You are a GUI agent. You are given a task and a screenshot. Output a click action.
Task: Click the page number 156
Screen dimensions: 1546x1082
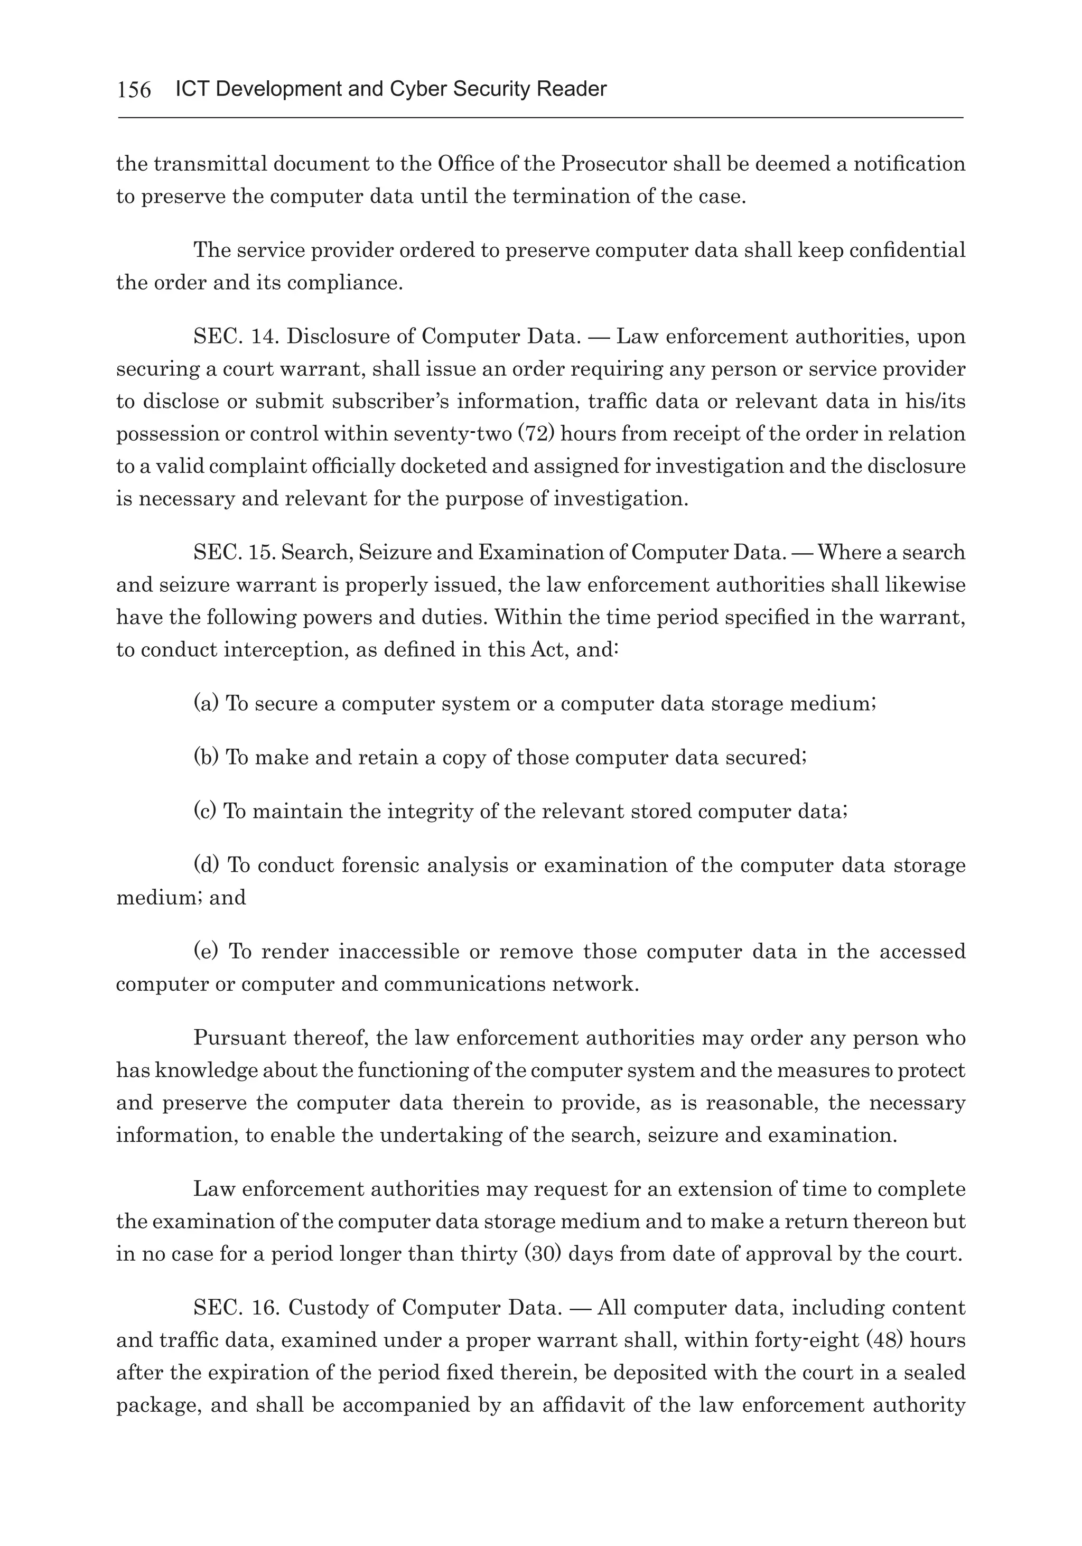pos(134,89)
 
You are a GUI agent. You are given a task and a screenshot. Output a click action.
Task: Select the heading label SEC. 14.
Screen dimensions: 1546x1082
pos(236,337)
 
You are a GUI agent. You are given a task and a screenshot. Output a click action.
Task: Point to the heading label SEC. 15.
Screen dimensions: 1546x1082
pos(235,553)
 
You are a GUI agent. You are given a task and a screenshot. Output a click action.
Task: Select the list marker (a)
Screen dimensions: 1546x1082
pos(206,704)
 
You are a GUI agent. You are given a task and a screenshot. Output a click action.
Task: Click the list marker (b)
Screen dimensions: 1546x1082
pos(206,758)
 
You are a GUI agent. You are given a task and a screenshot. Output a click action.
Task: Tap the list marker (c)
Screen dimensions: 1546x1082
pos(206,812)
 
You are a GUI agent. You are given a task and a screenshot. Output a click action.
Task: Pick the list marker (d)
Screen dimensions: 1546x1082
pos(207,865)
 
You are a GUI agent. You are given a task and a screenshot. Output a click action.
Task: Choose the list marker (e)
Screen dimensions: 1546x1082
pos(206,952)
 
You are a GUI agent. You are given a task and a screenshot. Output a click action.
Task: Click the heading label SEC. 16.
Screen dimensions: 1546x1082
pos(236,1308)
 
